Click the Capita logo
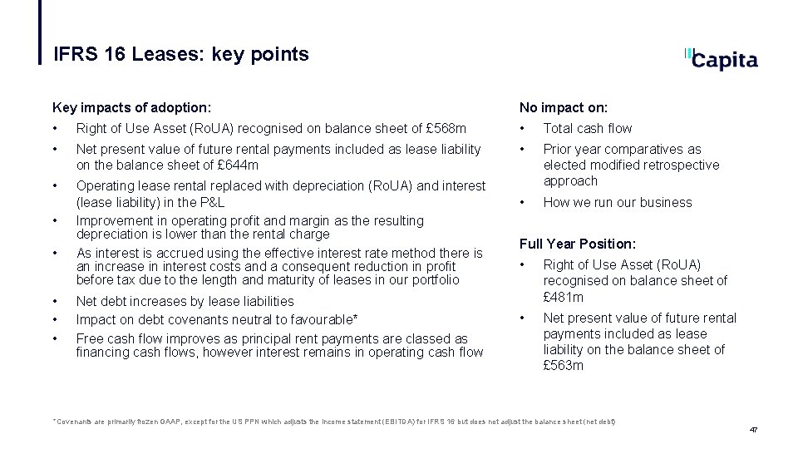pos(722,58)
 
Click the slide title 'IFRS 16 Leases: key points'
pos(180,55)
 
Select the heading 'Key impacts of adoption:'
pos(131,107)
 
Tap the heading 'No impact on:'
pos(564,107)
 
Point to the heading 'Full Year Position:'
pos(578,244)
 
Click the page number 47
pos(753,430)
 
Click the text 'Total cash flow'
pos(587,128)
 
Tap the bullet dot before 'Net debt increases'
pos(56,301)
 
